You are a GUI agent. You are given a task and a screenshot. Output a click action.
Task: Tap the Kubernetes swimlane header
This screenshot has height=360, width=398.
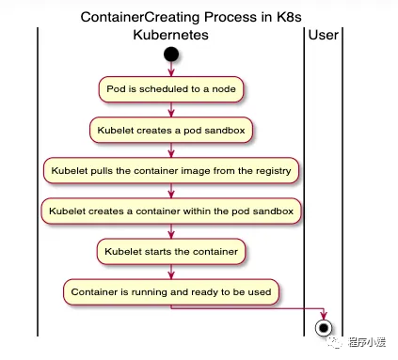(170, 35)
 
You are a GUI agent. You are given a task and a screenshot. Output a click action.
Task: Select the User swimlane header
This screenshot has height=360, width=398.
(324, 35)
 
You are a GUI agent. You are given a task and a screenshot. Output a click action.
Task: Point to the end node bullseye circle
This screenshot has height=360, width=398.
(325, 327)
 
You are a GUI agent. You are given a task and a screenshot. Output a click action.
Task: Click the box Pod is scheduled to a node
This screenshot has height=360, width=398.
(170, 89)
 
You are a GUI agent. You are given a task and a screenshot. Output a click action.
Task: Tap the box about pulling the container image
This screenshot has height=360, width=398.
(170, 171)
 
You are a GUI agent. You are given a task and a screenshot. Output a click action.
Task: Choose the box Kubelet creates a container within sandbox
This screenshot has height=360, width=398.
(170, 211)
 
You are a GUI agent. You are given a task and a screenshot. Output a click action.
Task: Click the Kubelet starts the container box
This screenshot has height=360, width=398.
(170, 252)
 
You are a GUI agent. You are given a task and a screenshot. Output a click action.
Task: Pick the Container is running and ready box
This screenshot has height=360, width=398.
(170, 291)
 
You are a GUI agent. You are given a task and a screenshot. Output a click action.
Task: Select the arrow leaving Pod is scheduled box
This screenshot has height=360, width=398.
(170, 110)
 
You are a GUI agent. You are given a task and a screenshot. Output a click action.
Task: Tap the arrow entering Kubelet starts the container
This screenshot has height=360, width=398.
(170, 232)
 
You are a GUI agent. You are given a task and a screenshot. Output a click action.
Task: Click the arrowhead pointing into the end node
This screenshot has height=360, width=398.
(325, 314)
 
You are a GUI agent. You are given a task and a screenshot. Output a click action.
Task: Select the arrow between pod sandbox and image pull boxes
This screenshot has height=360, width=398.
(170, 150)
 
